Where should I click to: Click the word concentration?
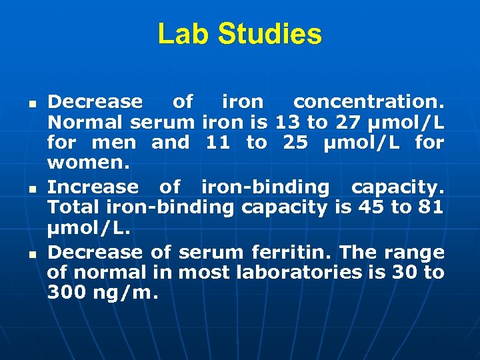[368, 102]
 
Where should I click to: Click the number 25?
[295, 143]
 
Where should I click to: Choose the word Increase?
[95, 187]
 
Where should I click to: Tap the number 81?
[431, 207]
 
